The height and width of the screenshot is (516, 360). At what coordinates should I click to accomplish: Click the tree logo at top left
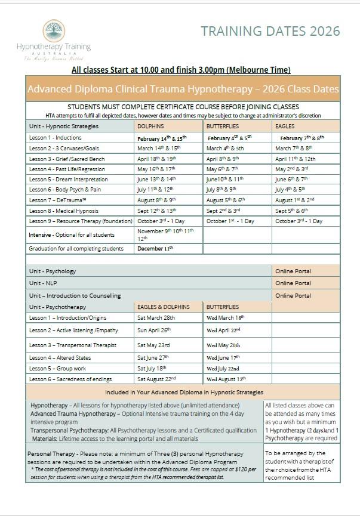(x=54, y=30)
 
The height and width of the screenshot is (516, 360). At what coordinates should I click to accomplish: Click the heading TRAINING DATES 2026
(x=270, y=31)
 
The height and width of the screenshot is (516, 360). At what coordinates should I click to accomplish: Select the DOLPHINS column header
(x=150, y=126)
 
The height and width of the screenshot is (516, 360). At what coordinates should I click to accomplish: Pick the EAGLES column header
(x=285, y=126)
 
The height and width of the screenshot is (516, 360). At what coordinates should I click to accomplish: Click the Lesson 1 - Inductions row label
(x=56, y=138)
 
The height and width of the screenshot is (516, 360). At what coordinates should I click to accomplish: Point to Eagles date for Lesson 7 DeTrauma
(x=295, y=200)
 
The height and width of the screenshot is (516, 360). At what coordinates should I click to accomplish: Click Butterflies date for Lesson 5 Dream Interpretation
(x=225, y=179)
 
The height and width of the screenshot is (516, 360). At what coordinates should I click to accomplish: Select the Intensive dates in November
(x=165, y=234)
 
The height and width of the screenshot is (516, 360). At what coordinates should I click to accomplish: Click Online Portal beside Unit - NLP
(x=293, y=283)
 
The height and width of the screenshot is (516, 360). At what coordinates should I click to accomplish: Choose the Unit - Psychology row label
(x=53, y=271)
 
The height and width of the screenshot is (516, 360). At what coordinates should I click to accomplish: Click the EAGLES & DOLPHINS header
(x=164, y=307)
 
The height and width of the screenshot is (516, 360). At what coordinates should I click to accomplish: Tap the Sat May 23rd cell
(x=153, y=345)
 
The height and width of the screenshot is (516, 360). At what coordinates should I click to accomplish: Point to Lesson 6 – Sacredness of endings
(x=70, y=379)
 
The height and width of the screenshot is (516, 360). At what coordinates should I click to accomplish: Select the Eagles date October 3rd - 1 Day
(x=299, y=221)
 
